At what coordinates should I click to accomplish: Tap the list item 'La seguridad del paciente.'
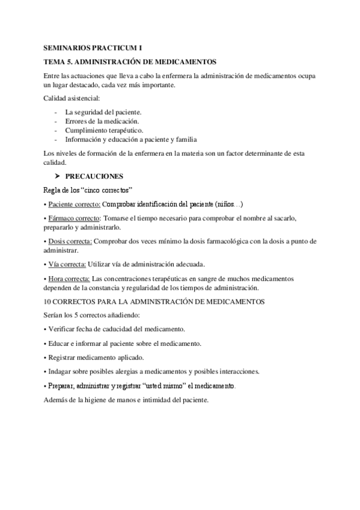pos(103,112)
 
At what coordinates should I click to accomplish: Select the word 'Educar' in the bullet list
pos(58,343)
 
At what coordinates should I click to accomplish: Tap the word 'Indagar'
pos(59,371)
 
